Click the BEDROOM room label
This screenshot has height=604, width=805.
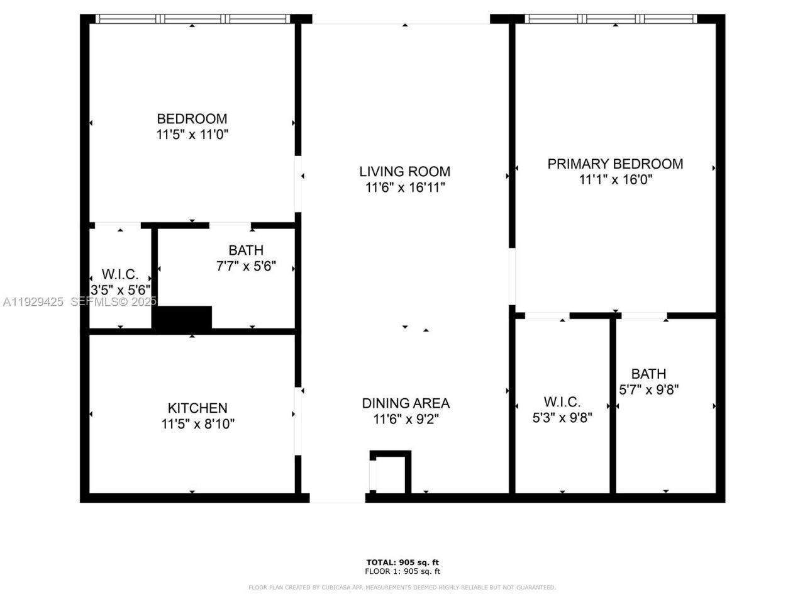point(192,118)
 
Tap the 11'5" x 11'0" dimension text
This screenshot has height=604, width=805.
point(192,135)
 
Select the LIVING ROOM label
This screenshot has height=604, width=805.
point(404,171)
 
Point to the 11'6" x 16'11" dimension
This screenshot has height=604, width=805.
point(404,187)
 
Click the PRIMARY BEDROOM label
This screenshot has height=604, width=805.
point(615,164)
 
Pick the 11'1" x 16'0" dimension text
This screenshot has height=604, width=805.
point(615,180)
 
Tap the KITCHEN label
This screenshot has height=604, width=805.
point(197,408)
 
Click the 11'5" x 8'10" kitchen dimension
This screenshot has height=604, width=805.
point(197,425)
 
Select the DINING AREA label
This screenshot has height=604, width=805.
point(406,403)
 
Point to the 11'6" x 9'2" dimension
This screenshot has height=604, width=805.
point(406,420)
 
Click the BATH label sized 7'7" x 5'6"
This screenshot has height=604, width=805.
point(246,250)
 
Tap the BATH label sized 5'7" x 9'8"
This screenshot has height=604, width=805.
point(648,374)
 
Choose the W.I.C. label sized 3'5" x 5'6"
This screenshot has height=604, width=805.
point(119,275)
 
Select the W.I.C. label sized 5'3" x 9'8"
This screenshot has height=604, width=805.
point(562,401)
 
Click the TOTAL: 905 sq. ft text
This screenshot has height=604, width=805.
point(402,562)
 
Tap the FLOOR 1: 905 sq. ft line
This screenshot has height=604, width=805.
point(402,571)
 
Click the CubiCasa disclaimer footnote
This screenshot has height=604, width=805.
point(402,588)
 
